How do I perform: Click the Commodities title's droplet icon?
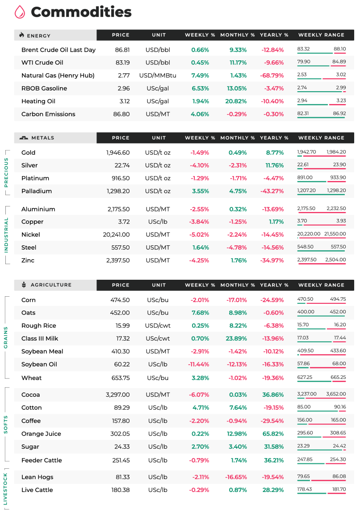(20, 12)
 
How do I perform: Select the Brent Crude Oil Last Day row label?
(59, 50)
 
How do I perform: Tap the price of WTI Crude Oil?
(123, 63)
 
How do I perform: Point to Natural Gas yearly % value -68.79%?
(272, 76)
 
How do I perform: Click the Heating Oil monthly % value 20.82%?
(236, 101)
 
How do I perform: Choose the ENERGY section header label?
(38, 36)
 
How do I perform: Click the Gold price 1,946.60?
(118, 153)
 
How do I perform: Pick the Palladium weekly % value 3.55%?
(201, 191)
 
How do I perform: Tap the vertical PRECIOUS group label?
(6, 172)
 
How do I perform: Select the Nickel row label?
(31, 235)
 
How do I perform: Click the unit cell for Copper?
(158, 222)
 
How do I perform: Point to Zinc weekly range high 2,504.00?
(335, 260)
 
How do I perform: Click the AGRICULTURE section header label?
(51, 285)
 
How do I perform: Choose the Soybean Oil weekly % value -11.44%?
(198, 365)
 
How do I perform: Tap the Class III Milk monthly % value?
(236, 339)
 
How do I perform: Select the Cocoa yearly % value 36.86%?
(273, 395)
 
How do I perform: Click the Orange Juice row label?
(41, 434)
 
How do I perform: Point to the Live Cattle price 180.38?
(121, 490)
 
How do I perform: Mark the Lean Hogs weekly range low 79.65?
(303, 476)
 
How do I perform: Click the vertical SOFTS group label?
(6, 425)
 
